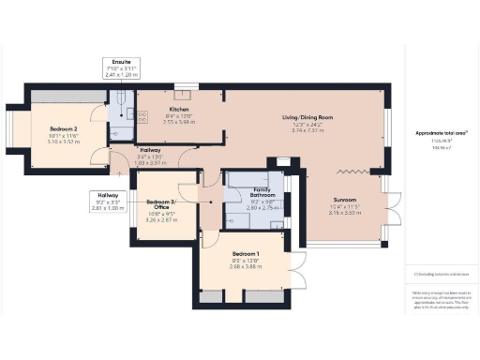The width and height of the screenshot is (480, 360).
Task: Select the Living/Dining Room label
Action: pyautogui.click(x=308, y=117)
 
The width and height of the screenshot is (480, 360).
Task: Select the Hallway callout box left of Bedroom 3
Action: pyautogui.click(x=109, y=200)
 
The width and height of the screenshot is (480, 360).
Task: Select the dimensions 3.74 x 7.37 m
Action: pyautogui.click(x=308, y=131)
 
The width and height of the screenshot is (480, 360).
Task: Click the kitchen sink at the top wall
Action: pyautogui.click(x=185, y=87)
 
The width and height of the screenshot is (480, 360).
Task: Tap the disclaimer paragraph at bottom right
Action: pyautogui.click(x=440, y=301)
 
